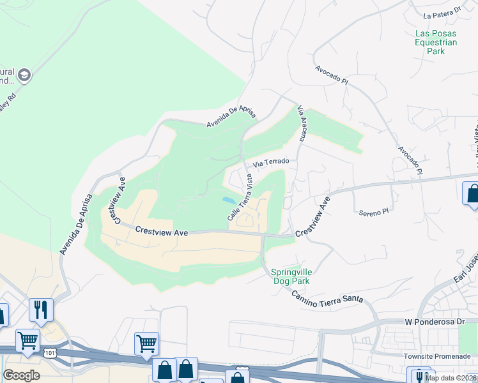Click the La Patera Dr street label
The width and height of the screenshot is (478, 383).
[x=442, y=11]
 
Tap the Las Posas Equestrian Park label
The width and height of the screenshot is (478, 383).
[x=436, y=42]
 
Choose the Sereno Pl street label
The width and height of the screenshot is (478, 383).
[x=373, y=211]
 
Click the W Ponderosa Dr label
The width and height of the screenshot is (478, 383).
[x=435, y=322]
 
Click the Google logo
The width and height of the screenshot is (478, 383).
[x=21, y=375]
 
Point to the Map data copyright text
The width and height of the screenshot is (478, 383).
[x=451, y=378]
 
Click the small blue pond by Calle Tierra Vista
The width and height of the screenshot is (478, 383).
[x=227, y=200]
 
